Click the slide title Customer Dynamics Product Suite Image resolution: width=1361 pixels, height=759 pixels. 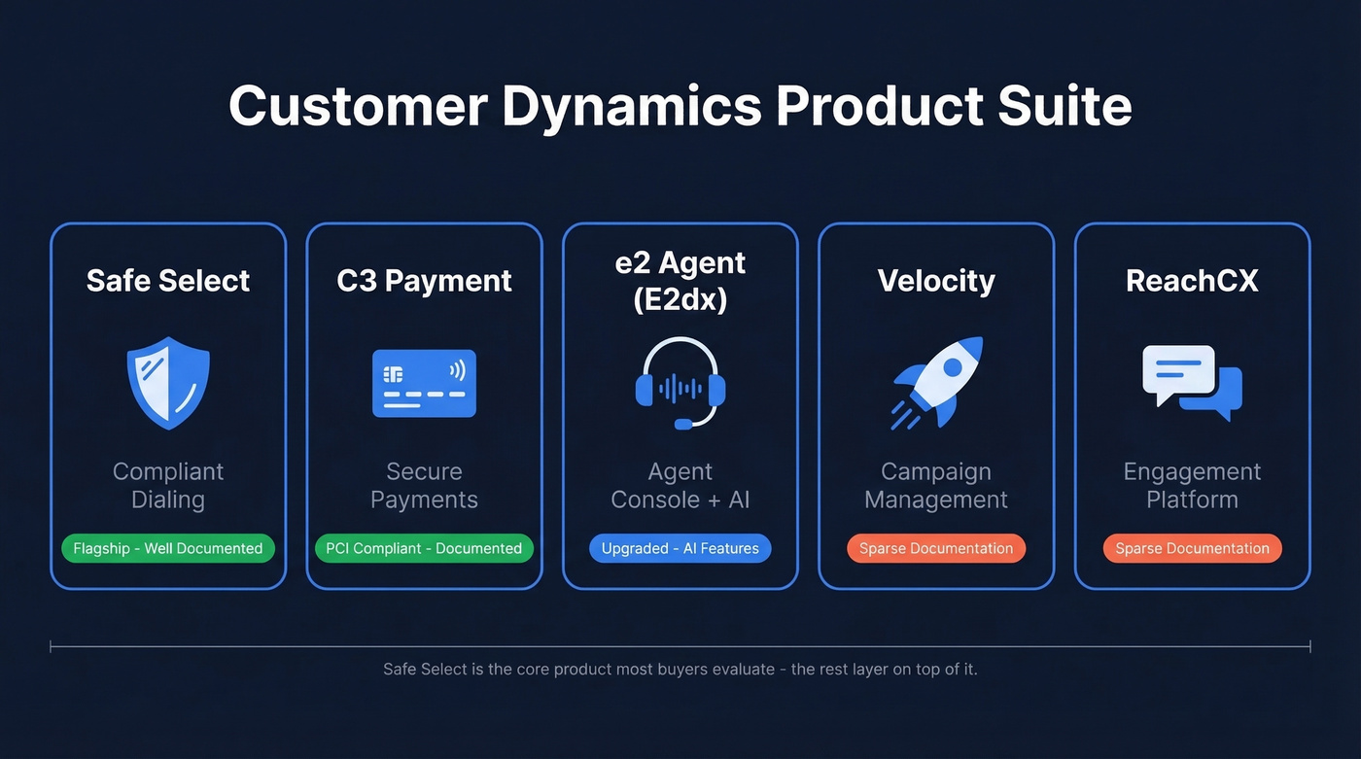680,106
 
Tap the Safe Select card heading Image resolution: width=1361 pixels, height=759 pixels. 168,281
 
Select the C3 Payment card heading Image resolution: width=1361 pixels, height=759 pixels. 424,281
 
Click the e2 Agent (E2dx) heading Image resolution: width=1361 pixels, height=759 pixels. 680,281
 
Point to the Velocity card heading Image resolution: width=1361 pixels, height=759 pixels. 936,281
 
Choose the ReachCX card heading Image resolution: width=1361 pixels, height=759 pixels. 1192,281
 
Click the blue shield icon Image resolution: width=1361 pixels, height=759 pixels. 168,383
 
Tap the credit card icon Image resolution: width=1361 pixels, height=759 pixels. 424,383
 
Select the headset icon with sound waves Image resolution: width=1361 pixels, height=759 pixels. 680,383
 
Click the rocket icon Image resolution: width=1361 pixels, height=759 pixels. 936,383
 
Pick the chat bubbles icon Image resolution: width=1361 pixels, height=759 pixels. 1192,383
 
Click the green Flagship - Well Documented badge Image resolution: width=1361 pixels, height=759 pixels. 168,548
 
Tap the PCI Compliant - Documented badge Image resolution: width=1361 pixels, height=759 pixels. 424,548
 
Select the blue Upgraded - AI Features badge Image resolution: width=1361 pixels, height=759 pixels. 680,548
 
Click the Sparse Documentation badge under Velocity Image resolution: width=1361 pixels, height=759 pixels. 936,548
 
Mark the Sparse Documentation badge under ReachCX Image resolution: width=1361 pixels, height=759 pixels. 1192,548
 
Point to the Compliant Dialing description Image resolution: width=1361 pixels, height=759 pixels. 168,486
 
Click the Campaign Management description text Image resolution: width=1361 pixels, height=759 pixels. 936,486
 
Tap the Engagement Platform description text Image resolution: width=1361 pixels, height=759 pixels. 1192,486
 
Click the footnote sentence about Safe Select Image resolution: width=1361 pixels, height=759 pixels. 680,670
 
